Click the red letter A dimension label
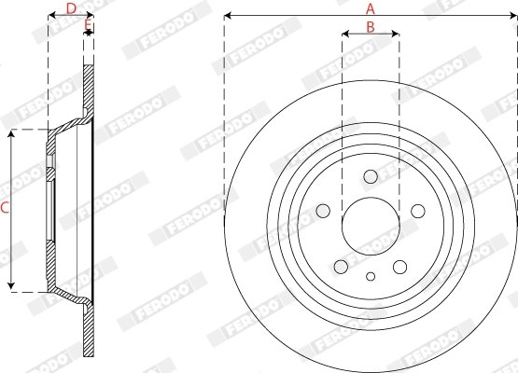click(371, 7)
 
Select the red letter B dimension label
click(371, 27)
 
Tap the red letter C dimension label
click(5, 210)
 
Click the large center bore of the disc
click(371, 225)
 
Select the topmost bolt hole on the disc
click(371, 176)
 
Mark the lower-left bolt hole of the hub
click(342, 265)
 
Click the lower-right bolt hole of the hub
click(399, 265)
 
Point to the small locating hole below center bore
click(371, 276)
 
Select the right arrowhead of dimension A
click(513, 16)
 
